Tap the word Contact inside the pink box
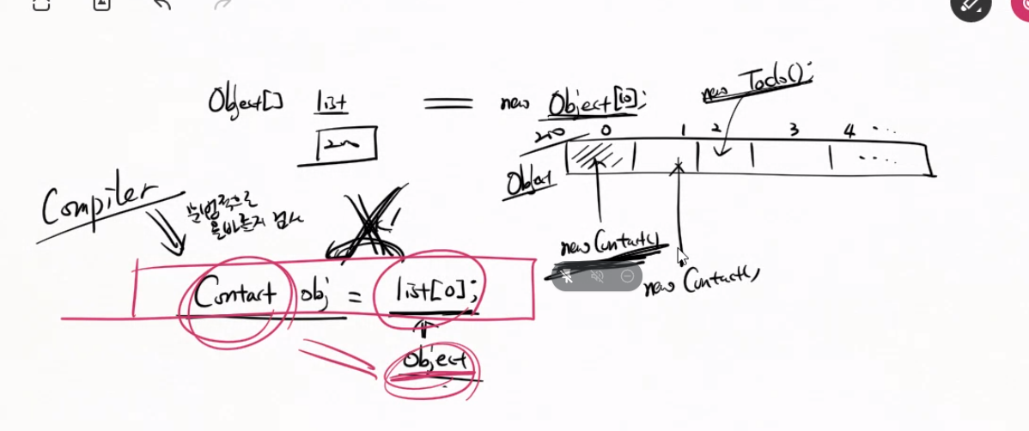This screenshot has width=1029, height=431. (234, 294)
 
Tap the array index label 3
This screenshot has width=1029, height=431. (794, 131)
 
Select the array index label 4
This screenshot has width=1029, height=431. (849, 131)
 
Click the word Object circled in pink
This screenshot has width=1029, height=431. (435, 361)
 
